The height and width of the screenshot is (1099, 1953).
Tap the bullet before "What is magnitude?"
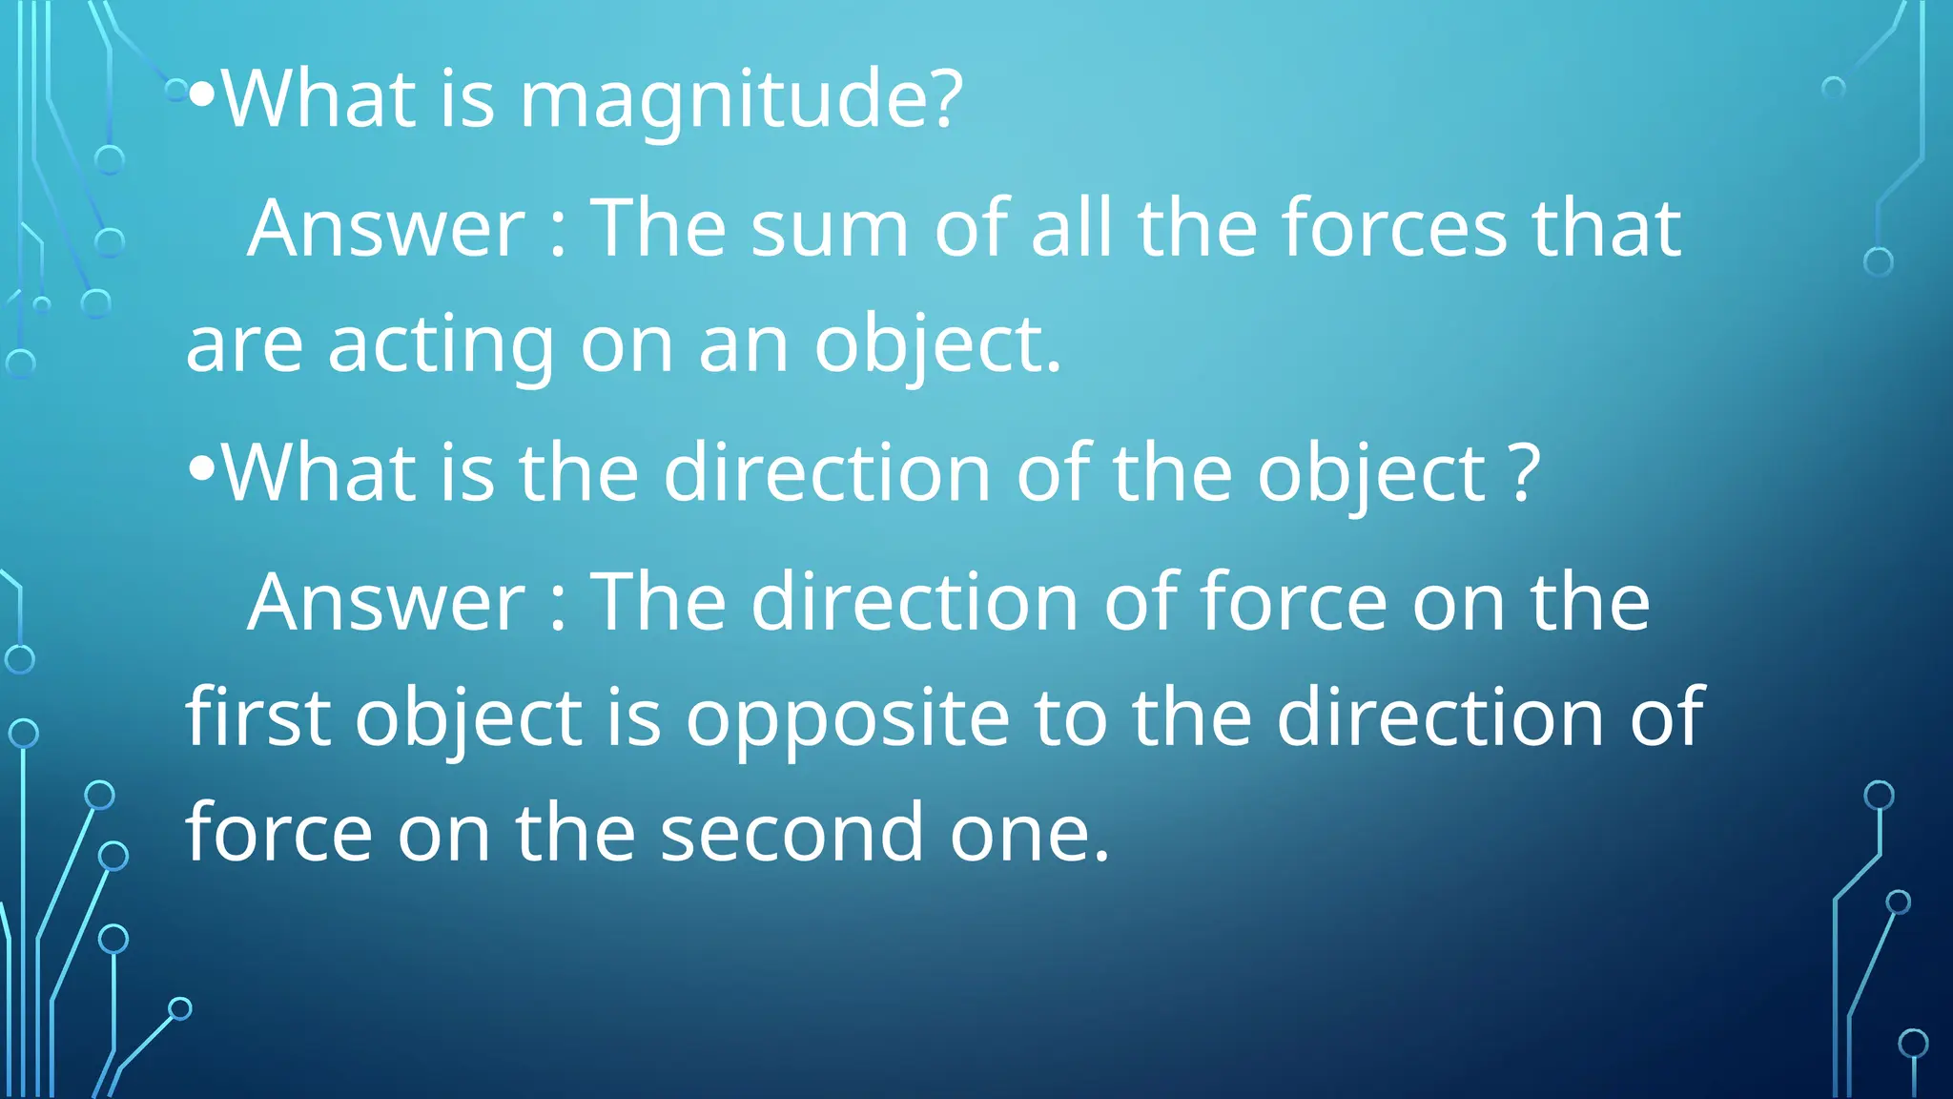(201, 95)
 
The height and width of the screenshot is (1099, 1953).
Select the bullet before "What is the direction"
(201, 468)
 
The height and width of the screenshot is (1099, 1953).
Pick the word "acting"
(441, 345)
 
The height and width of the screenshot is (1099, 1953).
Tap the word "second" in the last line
(791, 833)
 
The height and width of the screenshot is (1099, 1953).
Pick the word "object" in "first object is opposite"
(468, 720)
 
